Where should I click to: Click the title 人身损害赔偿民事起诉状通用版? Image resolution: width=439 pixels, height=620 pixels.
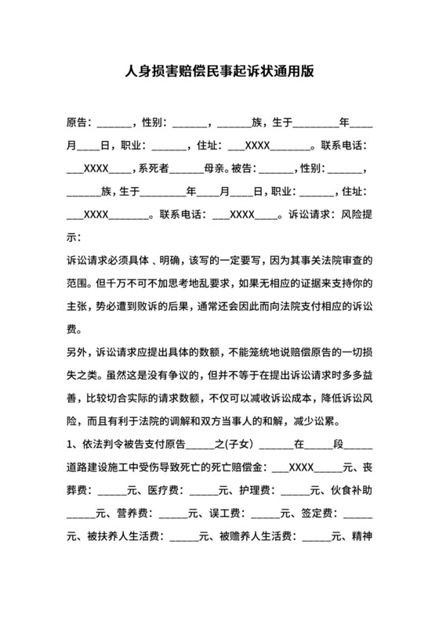pyautogui.click(x=219, y=71)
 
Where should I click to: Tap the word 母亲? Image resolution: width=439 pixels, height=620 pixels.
pyautogui.click(x=216, y=168)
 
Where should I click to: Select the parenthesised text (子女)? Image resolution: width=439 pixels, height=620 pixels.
pyautogui.click(x=233, y=446)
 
